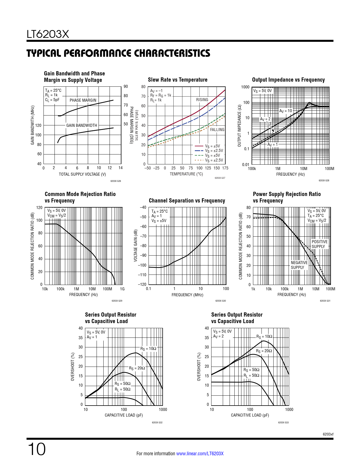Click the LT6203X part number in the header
pos(48,34)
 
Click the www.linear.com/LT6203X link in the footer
pos(200,454)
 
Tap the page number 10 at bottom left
pos(36,449)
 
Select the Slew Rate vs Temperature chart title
pos(178,80)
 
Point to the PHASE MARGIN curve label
pos(83,100)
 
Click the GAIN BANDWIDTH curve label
pos(82,125)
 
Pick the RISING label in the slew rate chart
pos(202,100)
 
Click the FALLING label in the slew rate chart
pos(217,130)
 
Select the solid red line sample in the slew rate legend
pos(199,146)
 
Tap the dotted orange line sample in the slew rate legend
pos(199,160)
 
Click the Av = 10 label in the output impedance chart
pos(285,111)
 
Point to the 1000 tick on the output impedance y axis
pos(245,87)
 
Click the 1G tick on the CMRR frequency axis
pos(122,289)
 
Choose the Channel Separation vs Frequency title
pos(187,201)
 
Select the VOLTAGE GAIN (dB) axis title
pos(136,246)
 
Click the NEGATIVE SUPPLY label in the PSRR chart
pos(299,265)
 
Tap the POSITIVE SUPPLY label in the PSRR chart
pos(320,244)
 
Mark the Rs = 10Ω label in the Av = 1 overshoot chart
pos(148,349)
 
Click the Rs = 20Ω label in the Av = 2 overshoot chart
pos(264,351)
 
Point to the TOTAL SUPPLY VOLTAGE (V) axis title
pos(82,174)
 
